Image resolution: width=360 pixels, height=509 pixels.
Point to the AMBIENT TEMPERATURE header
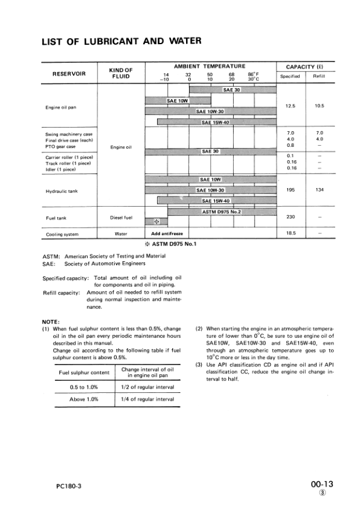[209, 65]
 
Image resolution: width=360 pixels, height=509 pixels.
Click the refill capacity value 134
[319, 190]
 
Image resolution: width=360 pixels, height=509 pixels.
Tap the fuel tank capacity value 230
[290, 216]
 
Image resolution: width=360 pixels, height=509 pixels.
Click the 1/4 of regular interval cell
[148, 400]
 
